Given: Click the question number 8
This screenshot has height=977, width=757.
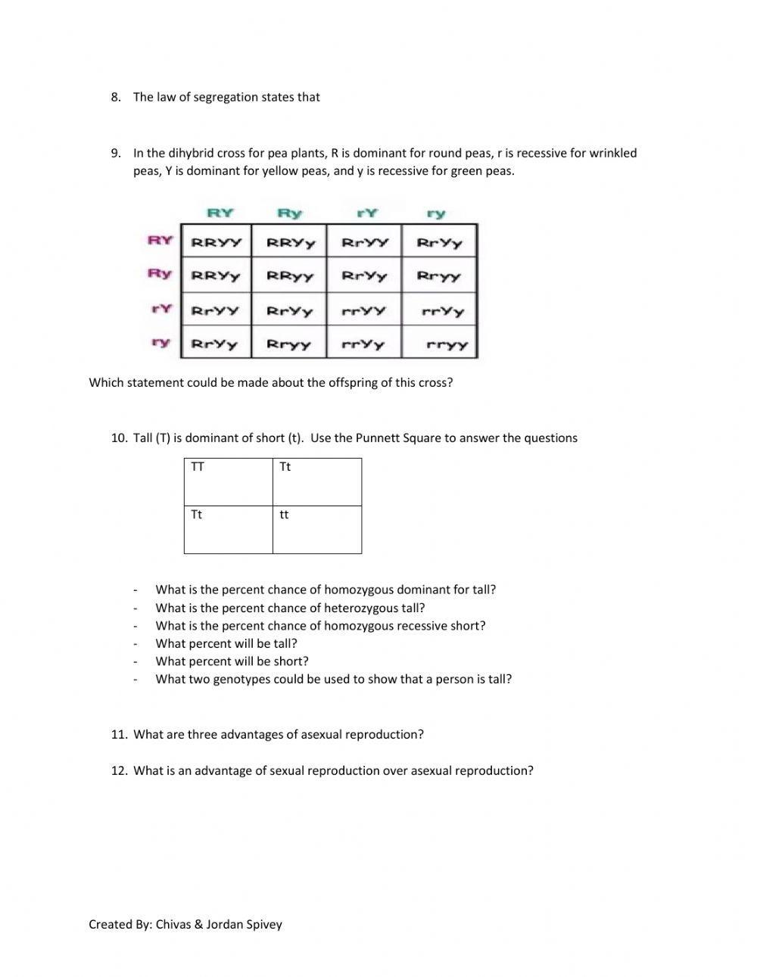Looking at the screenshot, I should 116,97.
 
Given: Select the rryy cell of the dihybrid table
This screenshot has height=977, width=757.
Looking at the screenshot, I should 447,344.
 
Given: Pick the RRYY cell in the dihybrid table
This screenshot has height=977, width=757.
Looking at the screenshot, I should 216,243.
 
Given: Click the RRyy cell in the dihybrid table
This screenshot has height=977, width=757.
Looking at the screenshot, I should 289,276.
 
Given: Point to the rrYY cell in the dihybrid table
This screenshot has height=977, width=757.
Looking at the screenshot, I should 363,310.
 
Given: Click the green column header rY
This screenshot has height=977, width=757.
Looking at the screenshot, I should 366,213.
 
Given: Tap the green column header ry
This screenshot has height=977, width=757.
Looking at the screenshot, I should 436,213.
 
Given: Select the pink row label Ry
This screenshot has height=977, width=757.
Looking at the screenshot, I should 160,273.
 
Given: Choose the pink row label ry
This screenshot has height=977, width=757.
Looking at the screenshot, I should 160,342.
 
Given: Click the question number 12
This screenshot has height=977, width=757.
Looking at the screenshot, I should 118,770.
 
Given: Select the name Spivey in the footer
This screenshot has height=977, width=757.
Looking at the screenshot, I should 263,924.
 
